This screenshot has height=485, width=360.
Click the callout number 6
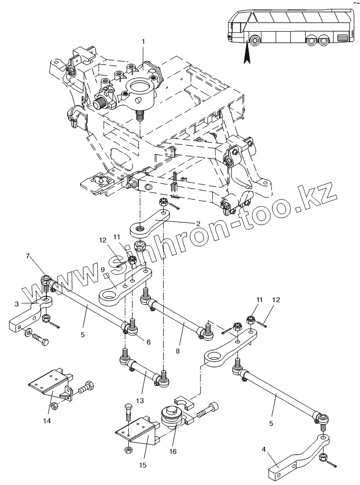coord(148,342)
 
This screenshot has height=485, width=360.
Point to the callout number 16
coord(173,451)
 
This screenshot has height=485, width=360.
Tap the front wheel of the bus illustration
coord(254,40)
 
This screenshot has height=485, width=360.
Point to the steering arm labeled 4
coord(295,454)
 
